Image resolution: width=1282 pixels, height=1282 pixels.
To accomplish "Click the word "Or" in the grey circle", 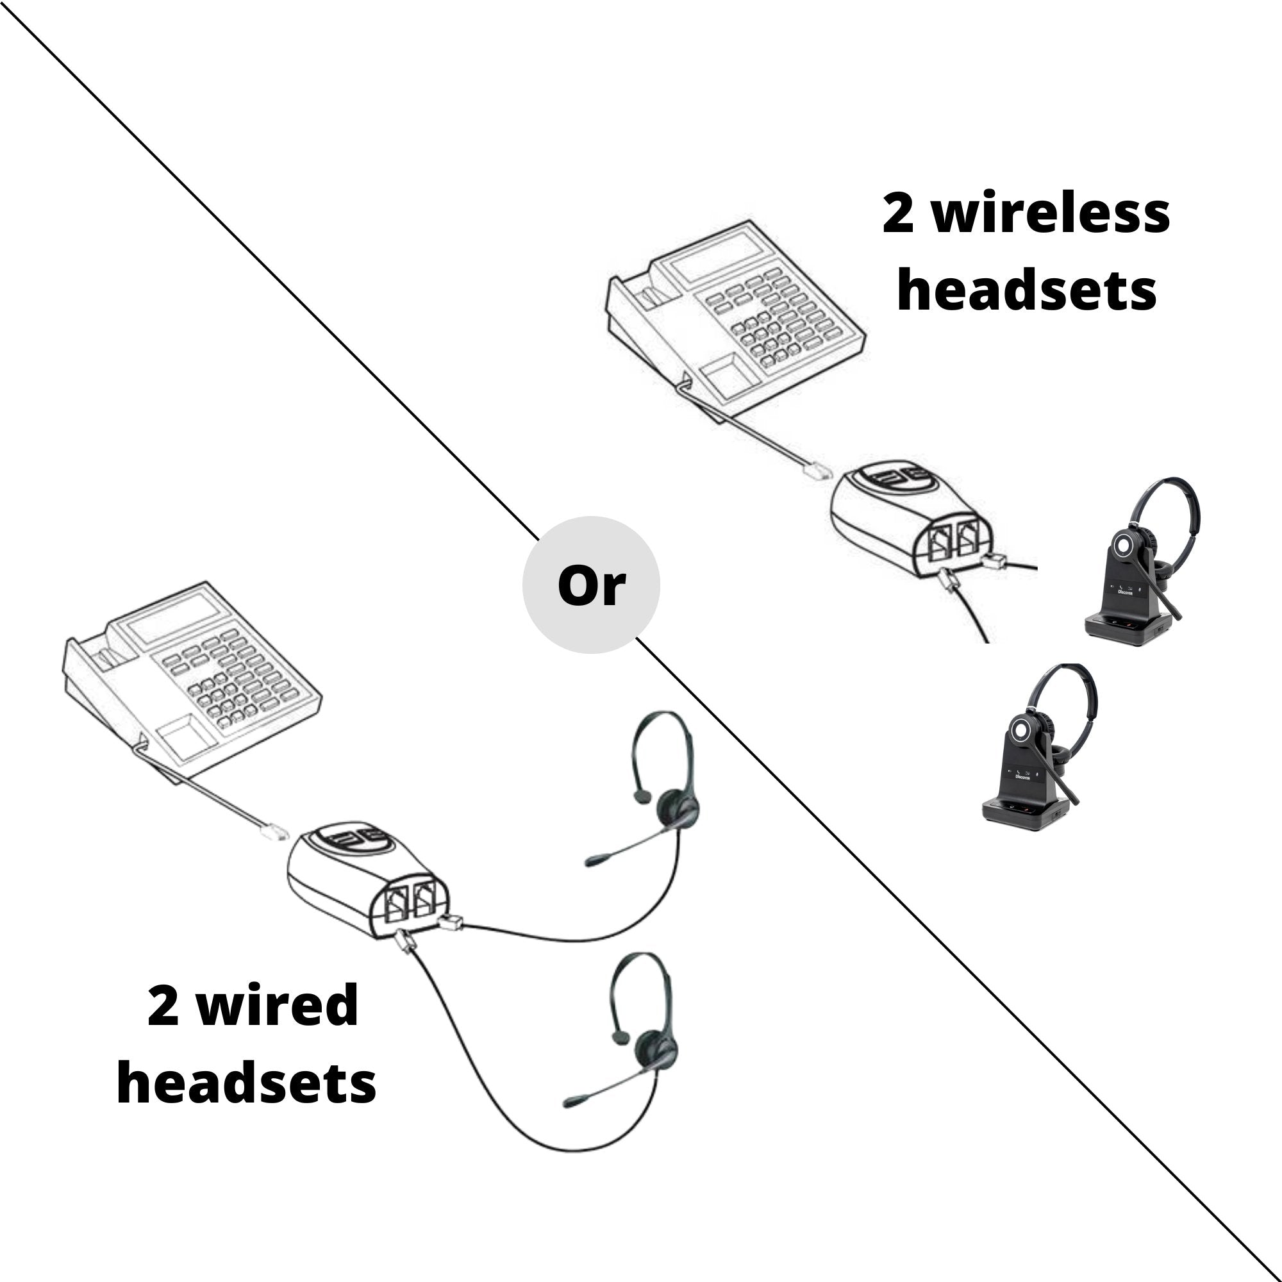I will [x=590, y=585].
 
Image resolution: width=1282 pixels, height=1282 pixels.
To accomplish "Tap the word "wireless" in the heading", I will [x=1051, y=214].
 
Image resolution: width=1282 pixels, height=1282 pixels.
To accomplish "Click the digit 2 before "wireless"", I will [x=899, y=214].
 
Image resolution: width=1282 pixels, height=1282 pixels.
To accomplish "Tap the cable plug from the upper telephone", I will [x=817, y=471].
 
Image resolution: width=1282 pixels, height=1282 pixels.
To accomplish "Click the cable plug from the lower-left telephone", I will [x=274, y=831].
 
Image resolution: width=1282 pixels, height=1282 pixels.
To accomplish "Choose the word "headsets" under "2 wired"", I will [x=246, y=1083].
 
